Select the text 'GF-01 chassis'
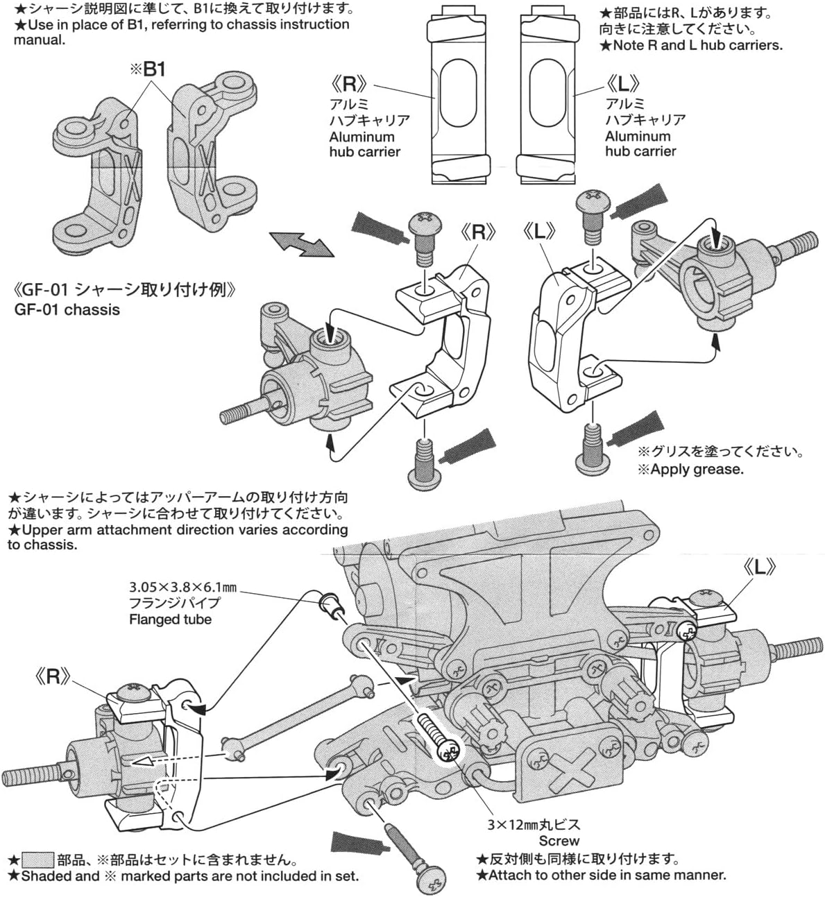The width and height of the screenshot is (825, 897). [67, 309]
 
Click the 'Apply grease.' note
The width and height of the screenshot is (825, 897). [690, 469]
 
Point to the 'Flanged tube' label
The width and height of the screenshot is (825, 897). [170, 620]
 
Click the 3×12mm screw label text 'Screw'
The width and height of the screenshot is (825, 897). [559, 841]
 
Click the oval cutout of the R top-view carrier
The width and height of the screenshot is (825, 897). [456, 93]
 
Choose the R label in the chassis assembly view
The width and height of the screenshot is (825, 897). [53, 676]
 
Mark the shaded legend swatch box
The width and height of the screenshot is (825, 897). [38, 860]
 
